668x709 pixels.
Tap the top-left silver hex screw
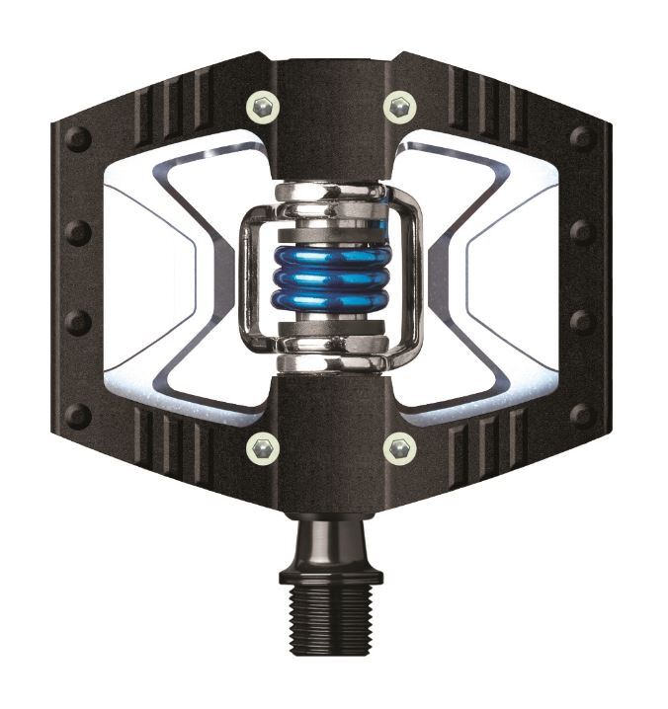[x=262, y=104]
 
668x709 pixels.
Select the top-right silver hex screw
[x=400, y=104]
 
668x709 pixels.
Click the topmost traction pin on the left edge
[x=77, y=139]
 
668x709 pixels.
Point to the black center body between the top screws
[x=331, y=109]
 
